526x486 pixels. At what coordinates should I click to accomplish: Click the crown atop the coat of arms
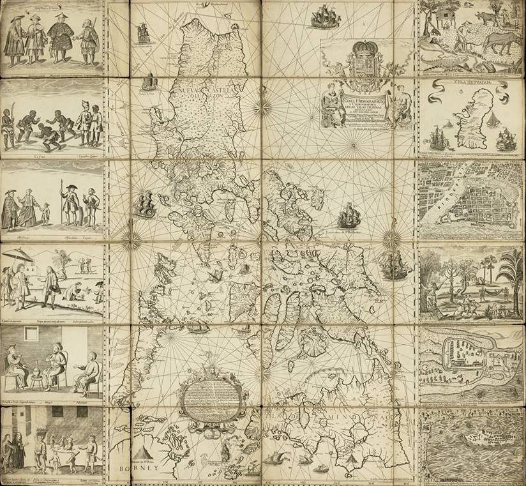361,49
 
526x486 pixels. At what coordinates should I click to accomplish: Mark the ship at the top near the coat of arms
326,18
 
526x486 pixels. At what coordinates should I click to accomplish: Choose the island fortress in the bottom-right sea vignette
480,439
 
